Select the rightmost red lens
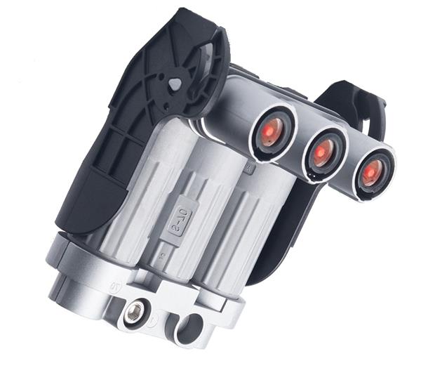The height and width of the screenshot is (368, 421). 373,171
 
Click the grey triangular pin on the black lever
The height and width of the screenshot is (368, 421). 173,84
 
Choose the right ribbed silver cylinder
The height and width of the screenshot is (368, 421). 246,225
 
